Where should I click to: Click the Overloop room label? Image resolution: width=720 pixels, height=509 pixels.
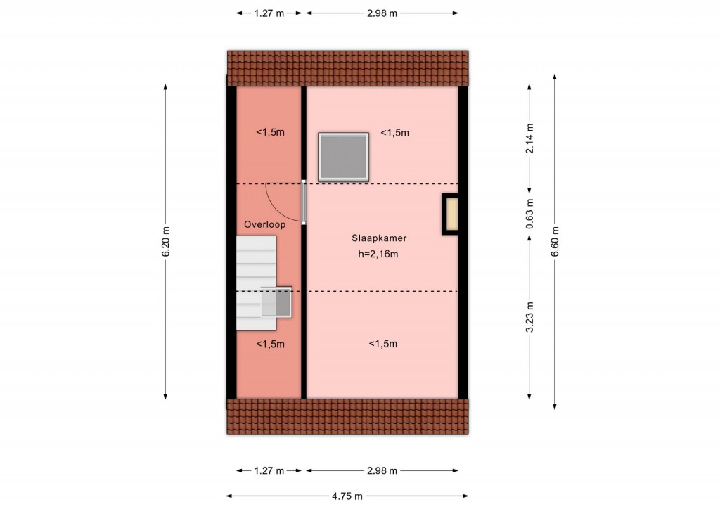coord(264,224)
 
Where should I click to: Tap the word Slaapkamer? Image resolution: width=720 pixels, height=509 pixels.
coord(379,238)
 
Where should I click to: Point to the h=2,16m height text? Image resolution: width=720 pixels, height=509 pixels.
coord(378,254)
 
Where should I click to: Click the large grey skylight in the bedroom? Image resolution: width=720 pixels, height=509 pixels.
coord(343,157)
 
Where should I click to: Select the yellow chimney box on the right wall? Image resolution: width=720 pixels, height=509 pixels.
coord(451,214)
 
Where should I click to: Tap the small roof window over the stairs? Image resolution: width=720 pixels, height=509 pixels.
coord(276,302)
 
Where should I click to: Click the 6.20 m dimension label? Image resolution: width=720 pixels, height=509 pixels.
coord(166,242)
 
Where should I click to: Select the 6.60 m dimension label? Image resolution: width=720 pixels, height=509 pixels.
coord(555,242)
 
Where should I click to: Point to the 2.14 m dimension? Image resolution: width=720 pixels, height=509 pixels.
coord(529,138)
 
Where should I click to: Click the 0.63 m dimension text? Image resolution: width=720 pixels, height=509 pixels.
coord(529,214)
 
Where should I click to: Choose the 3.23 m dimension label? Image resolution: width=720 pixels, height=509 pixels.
coord(529,316)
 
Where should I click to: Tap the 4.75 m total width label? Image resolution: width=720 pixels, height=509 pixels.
coord(347,496)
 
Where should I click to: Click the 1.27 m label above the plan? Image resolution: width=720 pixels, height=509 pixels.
coord(269,13)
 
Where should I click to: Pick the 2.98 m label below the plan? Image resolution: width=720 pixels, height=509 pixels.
coord(382,470)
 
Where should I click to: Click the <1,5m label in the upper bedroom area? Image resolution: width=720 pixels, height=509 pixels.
coord(395,133)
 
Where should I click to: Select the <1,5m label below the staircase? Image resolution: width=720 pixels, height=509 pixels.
coord(270,344)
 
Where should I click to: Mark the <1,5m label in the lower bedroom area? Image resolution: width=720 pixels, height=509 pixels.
coord(383,344)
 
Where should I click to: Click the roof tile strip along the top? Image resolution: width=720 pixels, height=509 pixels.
coord(347,68)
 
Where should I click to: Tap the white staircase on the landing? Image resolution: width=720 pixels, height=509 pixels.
coord(256,283)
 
